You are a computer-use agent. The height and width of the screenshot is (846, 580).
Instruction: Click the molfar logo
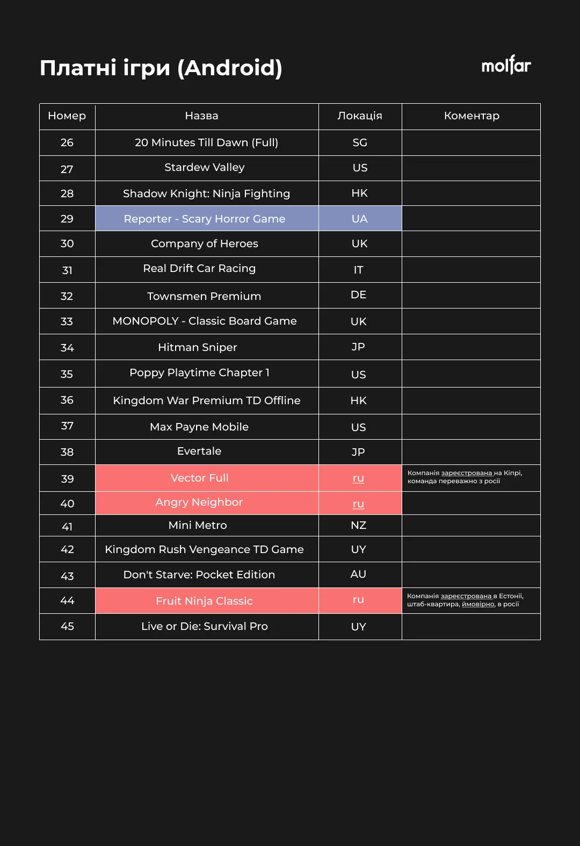point(506,66)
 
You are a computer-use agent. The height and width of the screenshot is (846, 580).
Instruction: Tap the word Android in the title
point(229,68)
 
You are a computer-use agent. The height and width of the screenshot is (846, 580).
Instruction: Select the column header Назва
point(201,116)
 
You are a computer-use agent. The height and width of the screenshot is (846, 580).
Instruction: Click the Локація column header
point(360,116)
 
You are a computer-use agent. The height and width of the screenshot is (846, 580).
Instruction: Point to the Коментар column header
point(472,116)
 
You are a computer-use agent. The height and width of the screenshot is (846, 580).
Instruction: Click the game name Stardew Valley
point(204,168)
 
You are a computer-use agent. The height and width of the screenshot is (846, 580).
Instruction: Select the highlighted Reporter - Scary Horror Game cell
point(204,219)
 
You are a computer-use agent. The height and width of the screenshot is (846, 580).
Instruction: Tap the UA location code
point(359,219)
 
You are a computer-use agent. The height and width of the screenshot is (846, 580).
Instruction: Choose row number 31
point(67,270)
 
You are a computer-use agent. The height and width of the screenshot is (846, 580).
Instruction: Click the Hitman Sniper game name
point(197,348)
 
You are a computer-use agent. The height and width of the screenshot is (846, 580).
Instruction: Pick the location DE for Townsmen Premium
point(358,295)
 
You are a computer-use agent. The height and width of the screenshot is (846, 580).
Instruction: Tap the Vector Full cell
point(199,478)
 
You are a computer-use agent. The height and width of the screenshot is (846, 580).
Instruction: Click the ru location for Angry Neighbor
point(358,504)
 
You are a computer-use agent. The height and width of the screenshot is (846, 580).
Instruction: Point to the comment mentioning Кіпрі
point(465,477)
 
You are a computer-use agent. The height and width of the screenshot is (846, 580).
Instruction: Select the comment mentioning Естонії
point(465,600)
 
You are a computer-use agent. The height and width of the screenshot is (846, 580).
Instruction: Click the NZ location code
point(358,525)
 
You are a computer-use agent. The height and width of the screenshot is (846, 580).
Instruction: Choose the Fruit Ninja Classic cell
point(204,601)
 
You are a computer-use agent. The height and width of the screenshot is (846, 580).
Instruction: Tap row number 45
point(67,627)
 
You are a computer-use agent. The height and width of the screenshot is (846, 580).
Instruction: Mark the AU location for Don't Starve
point(358,575)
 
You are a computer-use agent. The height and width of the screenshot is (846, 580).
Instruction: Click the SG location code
point(360,143)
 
